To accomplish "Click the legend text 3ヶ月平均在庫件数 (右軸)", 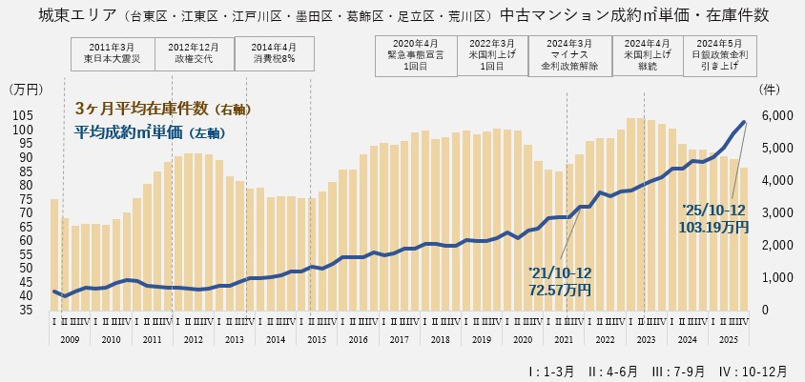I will [162, 109].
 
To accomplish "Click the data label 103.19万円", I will [714, 227].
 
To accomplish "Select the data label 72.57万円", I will [559, 289].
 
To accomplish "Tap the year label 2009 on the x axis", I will [69, 339].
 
